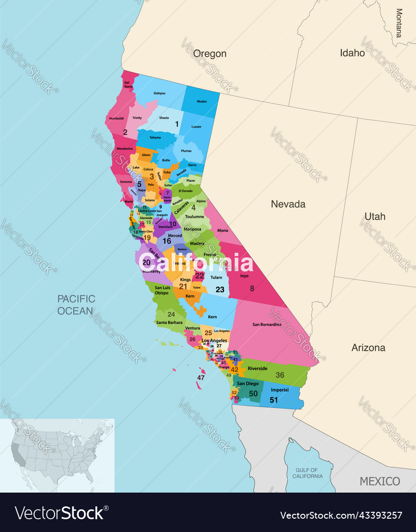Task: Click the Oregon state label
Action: coord(209,54)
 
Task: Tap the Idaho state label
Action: coord(352,53)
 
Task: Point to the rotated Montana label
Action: coord(398,23)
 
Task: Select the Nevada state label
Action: coord(288,204)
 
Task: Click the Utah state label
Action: coord(375,216)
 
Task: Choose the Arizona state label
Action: coord(368,348)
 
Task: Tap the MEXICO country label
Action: coord(380,481)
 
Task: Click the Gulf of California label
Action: coord(307,473)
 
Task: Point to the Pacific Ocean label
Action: coord(76,304)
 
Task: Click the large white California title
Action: coord(192,263)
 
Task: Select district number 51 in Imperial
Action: coord(273,400)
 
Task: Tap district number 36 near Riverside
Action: coord(279,375)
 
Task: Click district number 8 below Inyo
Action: coord(252,289)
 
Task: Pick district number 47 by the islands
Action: coord(201,378)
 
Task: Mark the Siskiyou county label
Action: coord(159,93)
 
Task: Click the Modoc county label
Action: coord(202,101)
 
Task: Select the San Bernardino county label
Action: coord(267,325)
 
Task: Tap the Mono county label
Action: coord(222,230)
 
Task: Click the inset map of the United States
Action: coord(58,455)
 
